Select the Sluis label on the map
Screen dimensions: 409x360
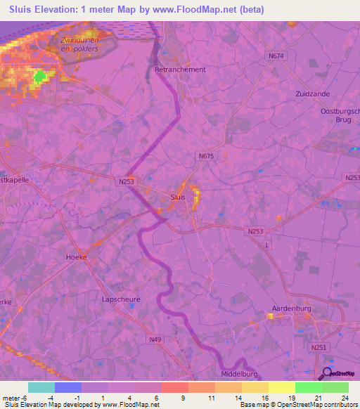(179, 197)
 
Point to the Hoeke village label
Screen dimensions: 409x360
(76, 257)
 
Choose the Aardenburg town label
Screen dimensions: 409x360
(291, 308)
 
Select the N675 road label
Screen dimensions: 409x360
(206, 156)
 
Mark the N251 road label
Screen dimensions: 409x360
(317, 346)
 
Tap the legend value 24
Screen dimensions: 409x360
(344, 398)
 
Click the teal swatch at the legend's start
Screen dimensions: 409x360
(41, 387)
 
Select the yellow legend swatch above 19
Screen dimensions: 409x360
(281, 387)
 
